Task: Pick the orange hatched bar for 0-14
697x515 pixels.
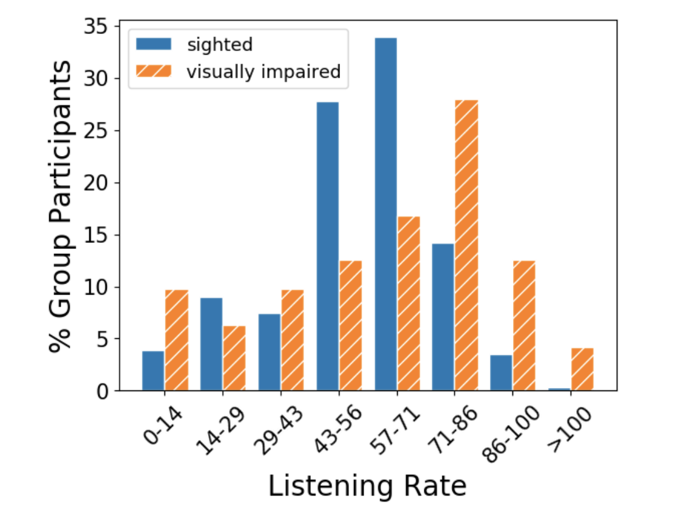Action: point(177,340)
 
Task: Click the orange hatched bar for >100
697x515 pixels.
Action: point(582,369)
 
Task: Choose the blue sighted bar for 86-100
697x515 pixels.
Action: point(501,373)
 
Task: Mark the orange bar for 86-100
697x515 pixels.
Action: point(525,326)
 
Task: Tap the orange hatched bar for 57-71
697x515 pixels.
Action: point(409,304)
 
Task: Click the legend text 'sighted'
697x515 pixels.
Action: point(220,44)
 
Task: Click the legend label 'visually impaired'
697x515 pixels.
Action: point(263,72)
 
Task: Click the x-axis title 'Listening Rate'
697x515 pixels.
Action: point(367,486)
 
